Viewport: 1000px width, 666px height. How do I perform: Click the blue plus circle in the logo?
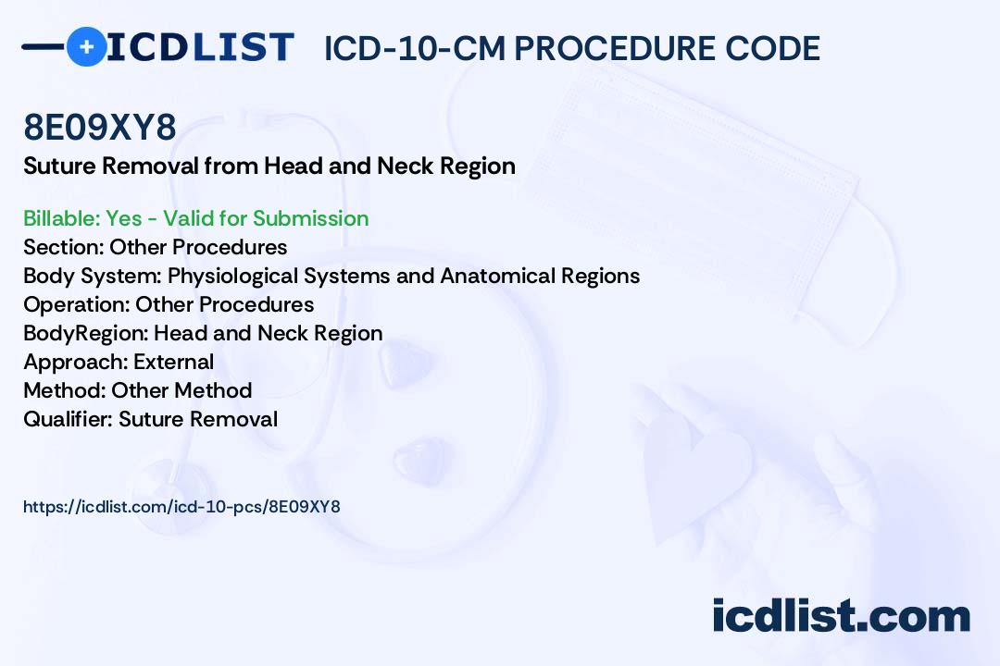coord(86,46)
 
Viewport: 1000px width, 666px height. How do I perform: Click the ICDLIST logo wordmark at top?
coord(200,47)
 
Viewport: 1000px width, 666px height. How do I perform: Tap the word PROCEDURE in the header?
coord(615,48)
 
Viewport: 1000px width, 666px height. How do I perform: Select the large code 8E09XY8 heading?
coord(99,127)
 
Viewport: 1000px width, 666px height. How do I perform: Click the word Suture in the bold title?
coord(60,166)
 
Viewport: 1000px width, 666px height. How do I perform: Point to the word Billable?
coord(61,218)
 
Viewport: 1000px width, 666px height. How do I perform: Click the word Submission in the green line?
coord(310,218)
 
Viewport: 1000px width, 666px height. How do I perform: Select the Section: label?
coord(64,247)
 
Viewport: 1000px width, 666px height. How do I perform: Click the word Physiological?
coord(232,276)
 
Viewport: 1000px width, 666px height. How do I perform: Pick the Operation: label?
coord(77,304)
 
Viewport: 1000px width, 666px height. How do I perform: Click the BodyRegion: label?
coord(86,333)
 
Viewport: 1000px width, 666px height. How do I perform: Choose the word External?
coord(173,362)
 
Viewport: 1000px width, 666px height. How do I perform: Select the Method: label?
coord(65,390)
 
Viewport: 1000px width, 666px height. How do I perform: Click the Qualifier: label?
coord(69,419)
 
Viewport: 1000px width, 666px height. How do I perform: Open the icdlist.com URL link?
coord(181,507)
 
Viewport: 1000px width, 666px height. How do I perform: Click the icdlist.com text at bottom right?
coord(841,616)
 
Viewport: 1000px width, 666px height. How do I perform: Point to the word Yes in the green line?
coord(124,218)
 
